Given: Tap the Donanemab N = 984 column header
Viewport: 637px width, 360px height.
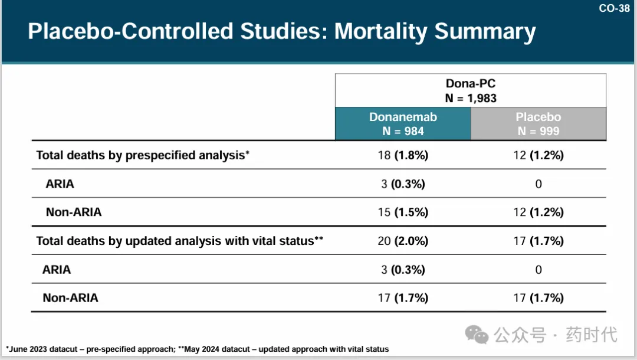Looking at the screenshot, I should [403, 124].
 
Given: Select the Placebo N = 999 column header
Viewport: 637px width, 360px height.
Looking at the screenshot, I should [538, 124].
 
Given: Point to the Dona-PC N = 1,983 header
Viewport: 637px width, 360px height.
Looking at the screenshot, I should [471, 91].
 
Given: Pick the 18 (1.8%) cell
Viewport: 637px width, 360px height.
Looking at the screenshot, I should [403, 155].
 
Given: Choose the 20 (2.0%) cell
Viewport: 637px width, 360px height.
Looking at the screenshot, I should [403, 241].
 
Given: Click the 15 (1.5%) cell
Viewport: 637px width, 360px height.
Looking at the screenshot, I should [403, 212].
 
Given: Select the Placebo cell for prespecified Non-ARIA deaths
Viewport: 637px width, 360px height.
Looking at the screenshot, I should [538, 212].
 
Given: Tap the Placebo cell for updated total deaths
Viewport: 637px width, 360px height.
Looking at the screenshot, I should [538, 241].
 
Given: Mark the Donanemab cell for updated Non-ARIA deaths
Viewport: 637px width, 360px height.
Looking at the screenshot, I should [403, 298].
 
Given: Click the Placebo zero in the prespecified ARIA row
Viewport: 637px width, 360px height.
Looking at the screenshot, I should [538, 184].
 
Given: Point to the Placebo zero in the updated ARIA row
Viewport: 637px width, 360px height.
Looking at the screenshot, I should [538, 270].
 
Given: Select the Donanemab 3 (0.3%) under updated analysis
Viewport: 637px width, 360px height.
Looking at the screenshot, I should [403, 270].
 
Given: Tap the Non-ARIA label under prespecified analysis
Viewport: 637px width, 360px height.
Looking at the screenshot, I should [73, 212].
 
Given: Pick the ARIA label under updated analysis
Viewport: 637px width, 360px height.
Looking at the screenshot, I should [57, 270].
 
